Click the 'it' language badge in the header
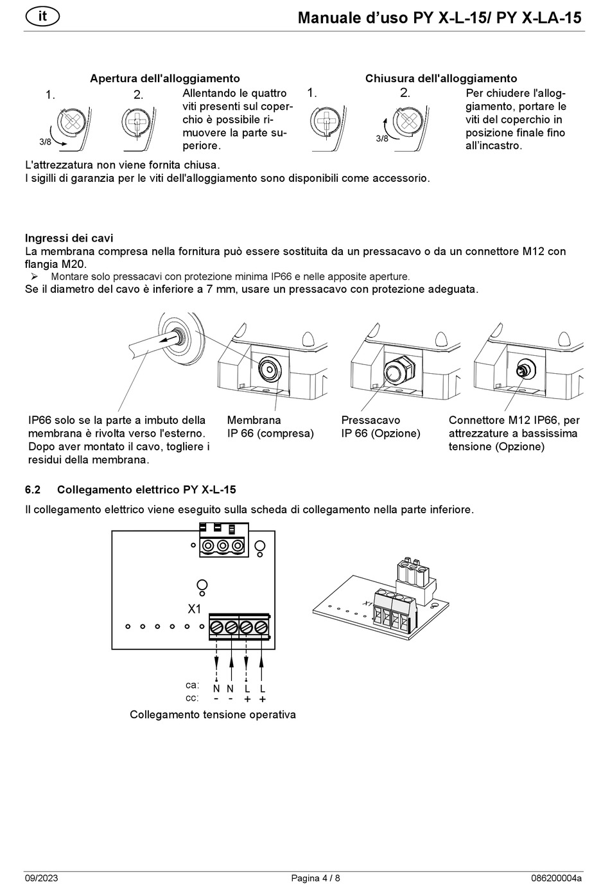[42, 16]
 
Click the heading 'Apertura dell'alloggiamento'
[164, 78]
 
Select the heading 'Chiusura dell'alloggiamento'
[440, 78]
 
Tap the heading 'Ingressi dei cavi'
[69, 238]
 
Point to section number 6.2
[33, 490]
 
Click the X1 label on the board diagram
[194, 609]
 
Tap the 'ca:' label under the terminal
[192, 685]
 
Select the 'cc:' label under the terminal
[192, 698]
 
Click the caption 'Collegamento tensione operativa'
[213, 714]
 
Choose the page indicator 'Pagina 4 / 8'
[315, 878]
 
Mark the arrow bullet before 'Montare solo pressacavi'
[35, 277]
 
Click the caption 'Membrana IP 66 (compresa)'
[270, 427]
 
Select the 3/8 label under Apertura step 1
[45, 141]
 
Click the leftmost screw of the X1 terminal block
[216, 627]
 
